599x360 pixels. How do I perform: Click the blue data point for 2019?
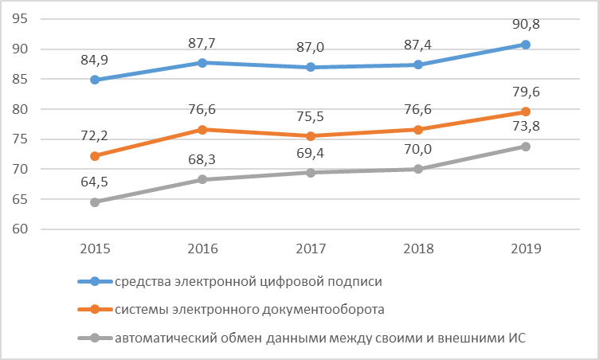(x=526, y=45)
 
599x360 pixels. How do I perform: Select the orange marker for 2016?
(x=202, y=130)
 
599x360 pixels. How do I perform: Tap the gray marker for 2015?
(x=95, y=202)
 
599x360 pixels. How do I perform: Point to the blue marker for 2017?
(x=310, y=67)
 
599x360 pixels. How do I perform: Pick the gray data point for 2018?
(x=417, y=169)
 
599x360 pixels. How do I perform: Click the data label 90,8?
(x=526, y=25)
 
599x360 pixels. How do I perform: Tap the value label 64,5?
(x=95, y=182)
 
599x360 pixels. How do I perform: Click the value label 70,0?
(x=417, y=149)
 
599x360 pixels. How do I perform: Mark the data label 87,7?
(x=202, y=43)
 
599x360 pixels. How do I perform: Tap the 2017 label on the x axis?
(x=310, y=248)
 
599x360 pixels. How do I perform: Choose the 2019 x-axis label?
(x=526, y=248)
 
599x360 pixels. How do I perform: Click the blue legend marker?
(x=95, y=281)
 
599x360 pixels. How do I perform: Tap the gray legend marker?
(x=95, y=338)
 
